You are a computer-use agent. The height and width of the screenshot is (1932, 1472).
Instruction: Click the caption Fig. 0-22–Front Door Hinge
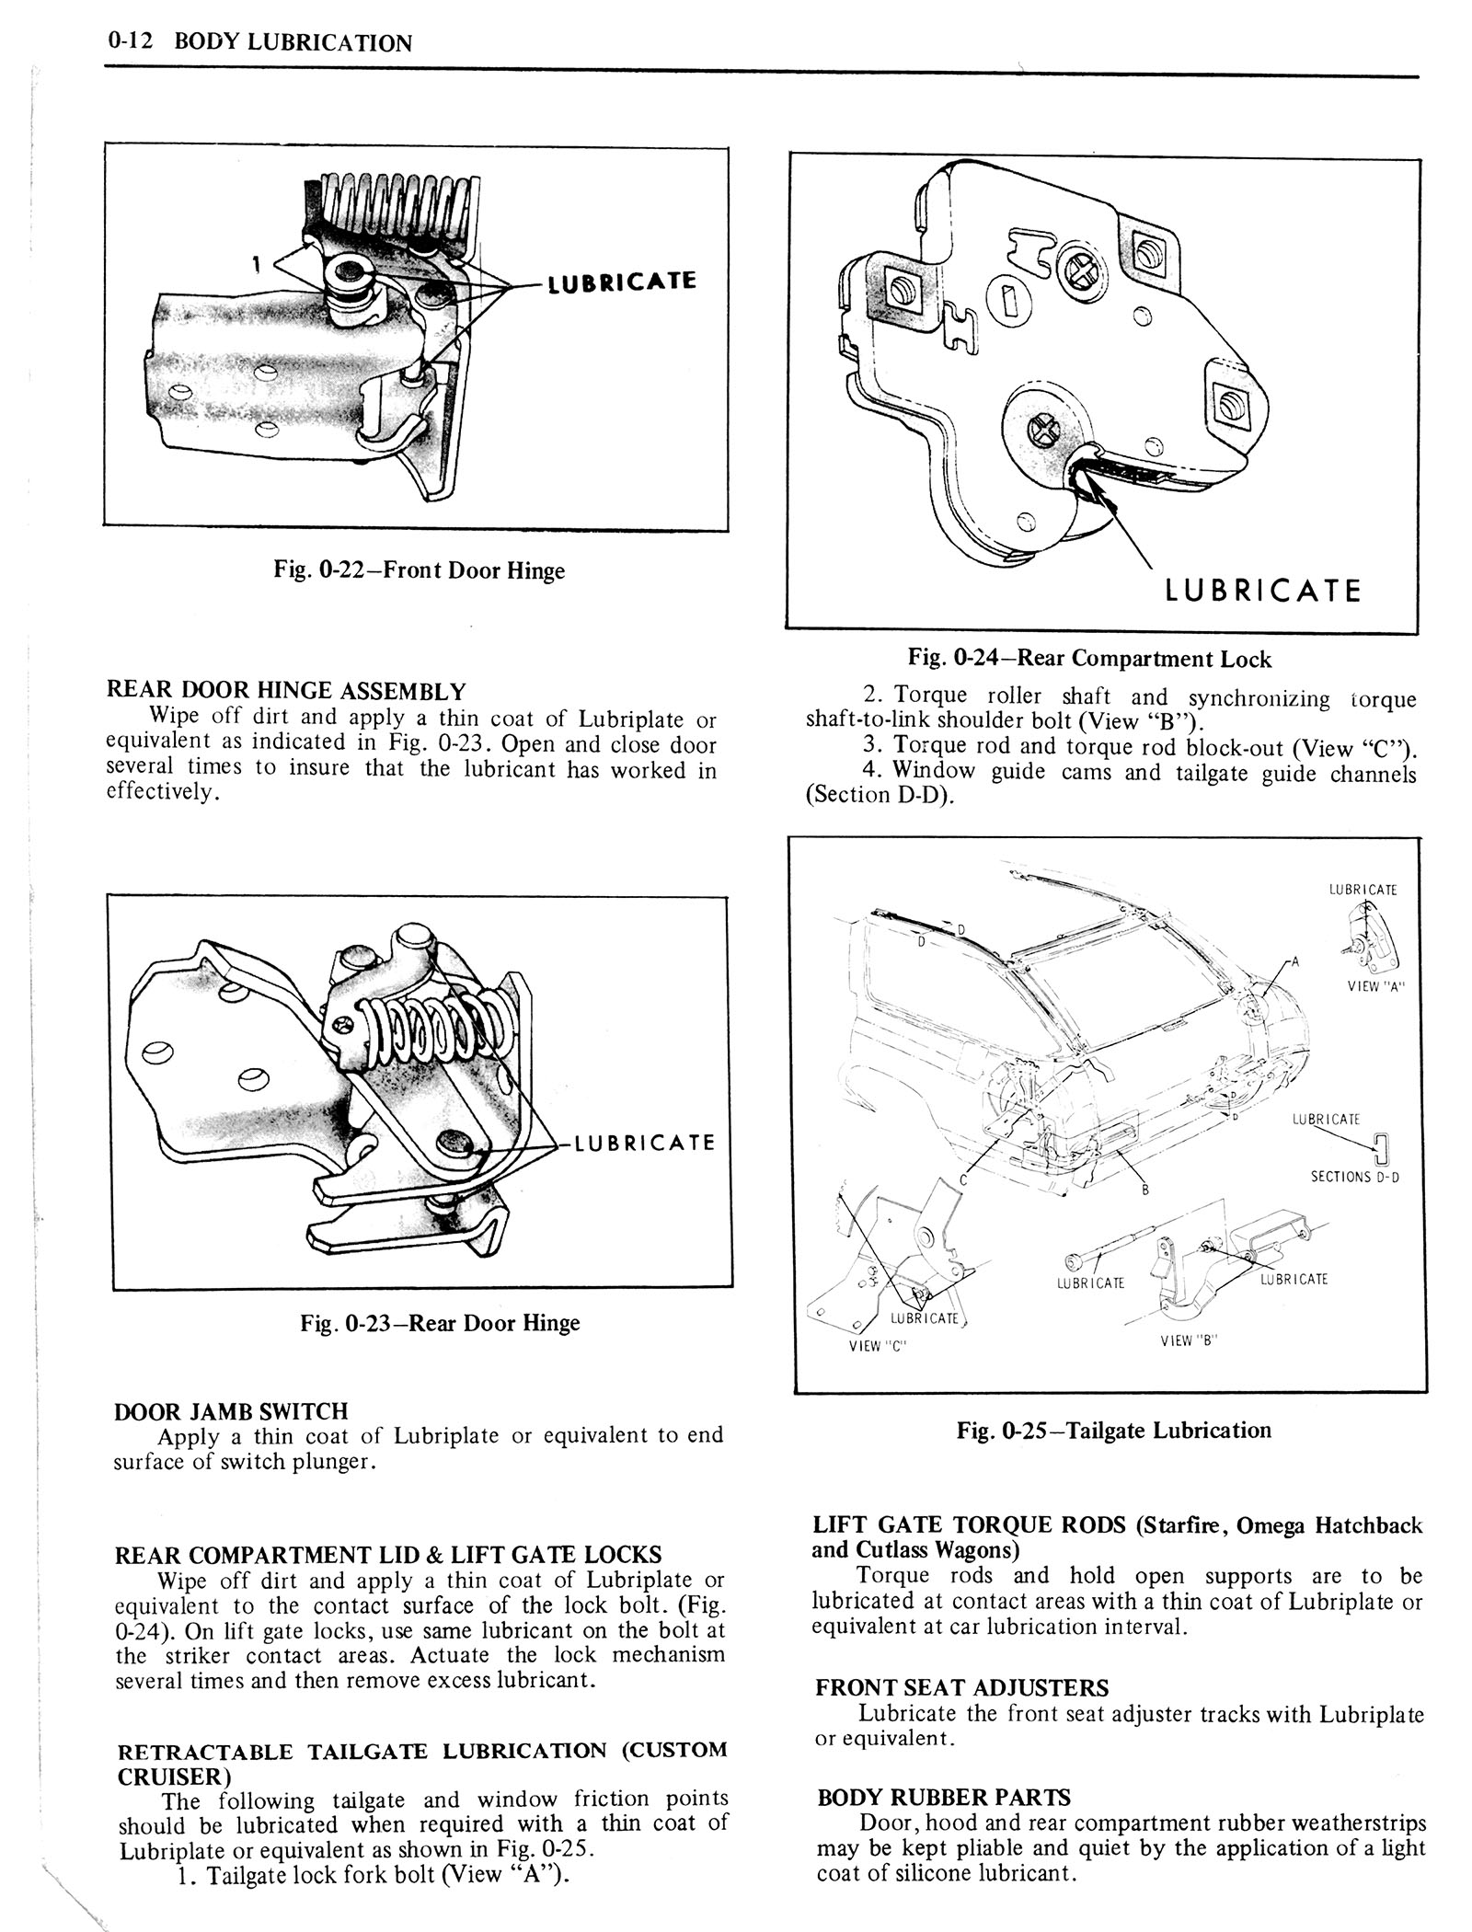coord(419,570)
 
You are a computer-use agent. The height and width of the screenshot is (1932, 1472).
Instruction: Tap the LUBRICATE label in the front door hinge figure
coord(621,282)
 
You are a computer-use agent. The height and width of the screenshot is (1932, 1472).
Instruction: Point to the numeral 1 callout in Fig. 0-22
coord(259,264)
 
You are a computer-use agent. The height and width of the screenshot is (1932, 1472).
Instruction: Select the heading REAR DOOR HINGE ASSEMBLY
coord(286,691)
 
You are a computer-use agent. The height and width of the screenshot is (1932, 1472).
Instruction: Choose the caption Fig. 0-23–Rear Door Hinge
coord(440,1323)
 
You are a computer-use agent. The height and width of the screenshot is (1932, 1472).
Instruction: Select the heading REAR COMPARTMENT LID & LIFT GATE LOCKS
coord(387,1555)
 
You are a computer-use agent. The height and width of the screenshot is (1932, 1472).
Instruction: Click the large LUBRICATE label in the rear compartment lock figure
coord(1262,590)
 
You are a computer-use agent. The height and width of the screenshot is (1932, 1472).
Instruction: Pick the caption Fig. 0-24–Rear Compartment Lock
coord(1089,659)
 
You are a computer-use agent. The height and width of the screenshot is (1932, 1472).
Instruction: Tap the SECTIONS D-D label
coord(1354,1177)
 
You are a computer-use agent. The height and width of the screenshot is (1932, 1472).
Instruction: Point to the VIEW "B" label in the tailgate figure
coord(1189,1340)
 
